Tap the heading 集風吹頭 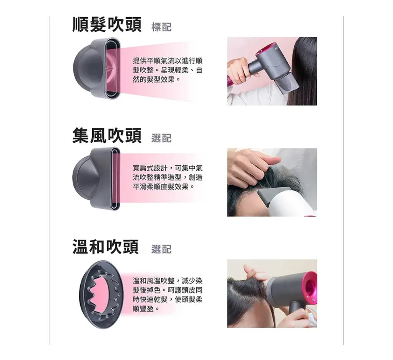(x=107, y=136)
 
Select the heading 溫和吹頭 (x=106, y=247)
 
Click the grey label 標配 (x=161, y=27)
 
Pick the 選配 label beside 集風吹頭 (x=161, y=138)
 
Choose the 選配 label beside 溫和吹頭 (x=161, y=249)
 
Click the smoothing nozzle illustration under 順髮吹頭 (x=97, y=68)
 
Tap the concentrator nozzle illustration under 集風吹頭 (x=96, y=178)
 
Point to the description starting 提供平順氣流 (x=167, y=70)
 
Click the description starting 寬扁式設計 (x=167, y=177)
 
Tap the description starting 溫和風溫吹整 (x=167, y=294)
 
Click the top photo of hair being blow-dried (x=272, y=71)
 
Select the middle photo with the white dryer (x=272, y=182)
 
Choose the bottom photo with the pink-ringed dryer (x=272, y=293)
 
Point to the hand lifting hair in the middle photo (x=250, y=168)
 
